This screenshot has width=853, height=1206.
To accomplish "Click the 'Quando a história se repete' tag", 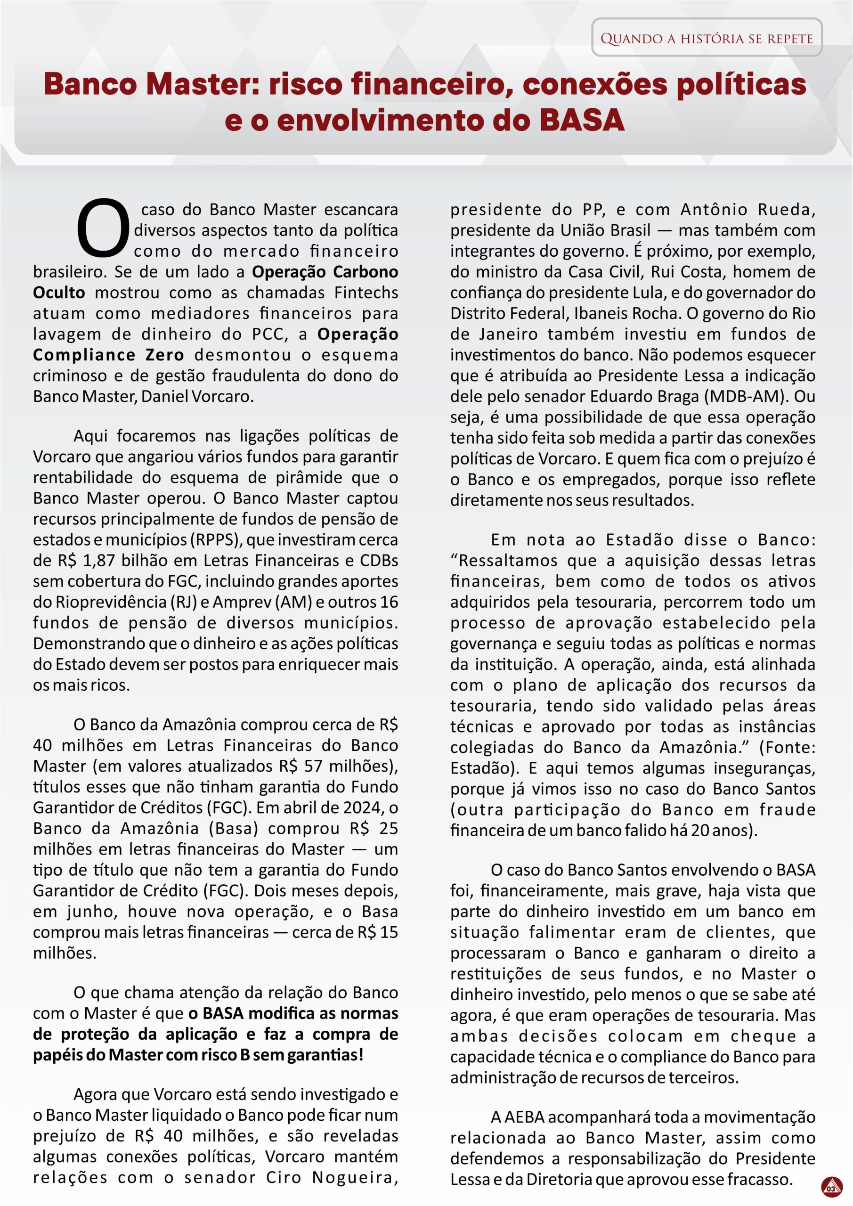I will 707,38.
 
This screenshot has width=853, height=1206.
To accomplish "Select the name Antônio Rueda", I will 747,210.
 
